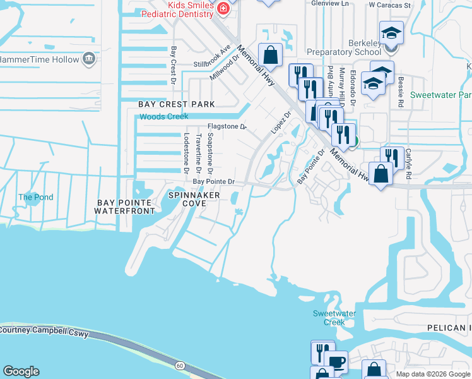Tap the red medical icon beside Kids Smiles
click(x=223, y=8)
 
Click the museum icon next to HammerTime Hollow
click(x=89, y=59)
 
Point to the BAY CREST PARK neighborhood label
click(x=177, y=104)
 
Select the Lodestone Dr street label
click(x=186, y=153)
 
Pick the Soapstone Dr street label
click(x=210, y=153)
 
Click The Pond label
click(x=35, y=197)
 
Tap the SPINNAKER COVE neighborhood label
click(x=194, y=200)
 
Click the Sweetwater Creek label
click(x=334, y=318)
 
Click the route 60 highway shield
click(x=180, y=365)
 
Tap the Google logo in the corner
click(x=21, y=371)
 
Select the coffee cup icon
click(x=337, y=362)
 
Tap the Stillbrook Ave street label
click(x=213, y=56)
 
